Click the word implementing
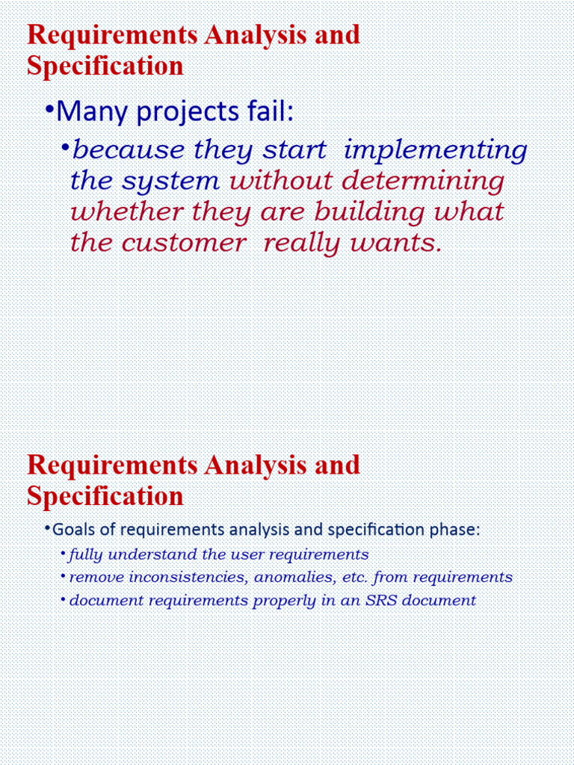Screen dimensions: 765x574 point(435,151)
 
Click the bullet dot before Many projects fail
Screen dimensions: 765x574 point(49,111)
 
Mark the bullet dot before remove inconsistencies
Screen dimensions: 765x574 point(62,577)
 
